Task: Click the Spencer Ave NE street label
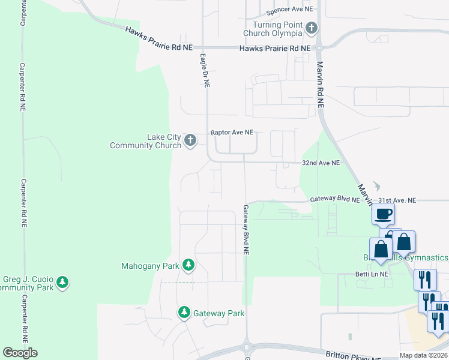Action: coord(290,10)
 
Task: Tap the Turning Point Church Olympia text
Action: coord(278,28)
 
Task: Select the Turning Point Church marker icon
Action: coord(312,28)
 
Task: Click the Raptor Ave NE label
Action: coord(232,132)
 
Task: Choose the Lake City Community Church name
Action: coord(146,141)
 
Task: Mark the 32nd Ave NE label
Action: coord(320,163)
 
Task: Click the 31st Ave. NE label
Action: coord(397,200)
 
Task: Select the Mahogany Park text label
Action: coord(150,265)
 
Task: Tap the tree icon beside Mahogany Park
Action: coord(188,265)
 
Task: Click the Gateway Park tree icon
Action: coord(184,313)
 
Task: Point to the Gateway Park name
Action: coord(218,313)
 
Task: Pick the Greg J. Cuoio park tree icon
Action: coord(62,281)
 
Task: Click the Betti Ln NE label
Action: coord(372,274)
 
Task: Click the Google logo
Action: coord(20,353)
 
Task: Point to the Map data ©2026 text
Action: coord(423,355)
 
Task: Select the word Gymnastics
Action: coord(426,257)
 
